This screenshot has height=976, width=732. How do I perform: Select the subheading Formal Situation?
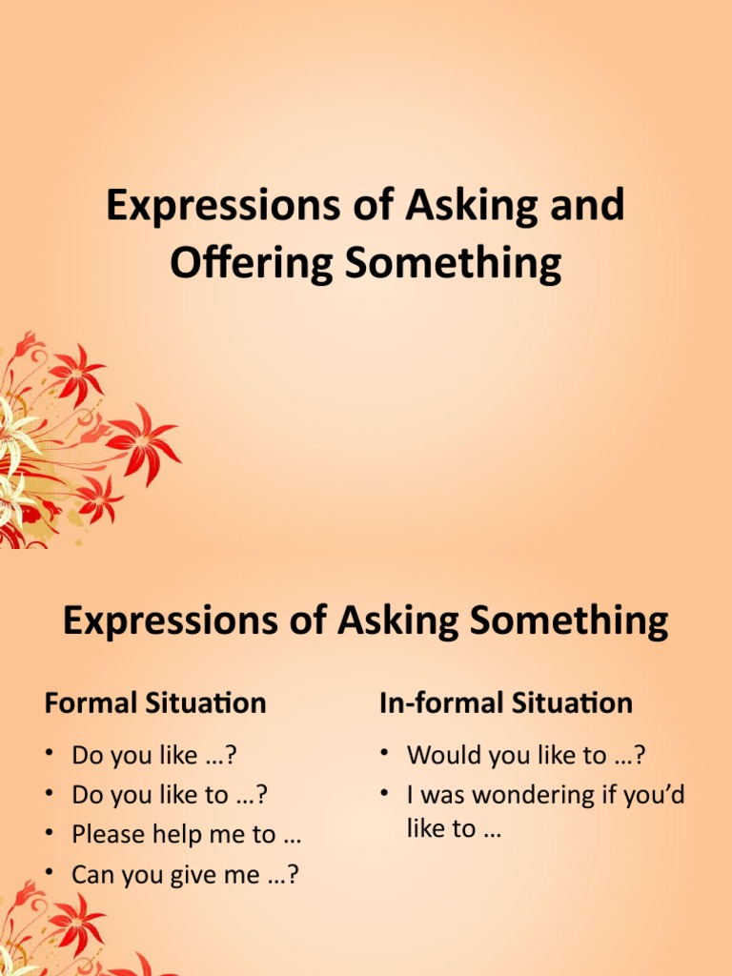click(155, 703)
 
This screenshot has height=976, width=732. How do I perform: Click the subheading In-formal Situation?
click(505, 703)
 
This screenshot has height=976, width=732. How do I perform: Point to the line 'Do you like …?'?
click(153, 756)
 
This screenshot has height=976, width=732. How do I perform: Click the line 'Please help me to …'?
click(187, 834)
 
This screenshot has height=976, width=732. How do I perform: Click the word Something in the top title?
click(454, 262)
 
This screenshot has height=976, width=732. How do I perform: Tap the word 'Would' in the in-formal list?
click(441, 756)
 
